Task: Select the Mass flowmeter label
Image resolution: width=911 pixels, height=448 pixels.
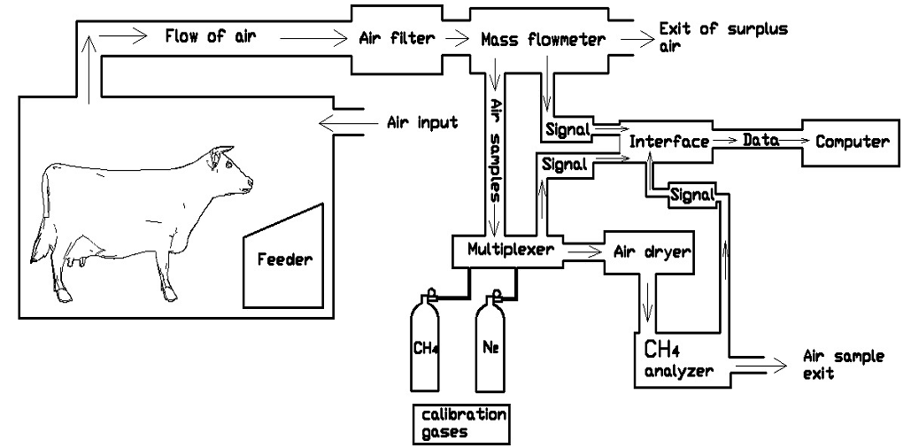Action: [x=544, y=40]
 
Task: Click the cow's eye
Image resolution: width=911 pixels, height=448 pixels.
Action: [x=229, y=165]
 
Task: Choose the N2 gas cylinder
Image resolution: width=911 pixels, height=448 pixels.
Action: [x=493, y=345]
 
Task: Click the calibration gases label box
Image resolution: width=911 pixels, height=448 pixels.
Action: [x=463, y=423]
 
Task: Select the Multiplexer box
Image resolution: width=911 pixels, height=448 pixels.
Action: [x=503, y=250]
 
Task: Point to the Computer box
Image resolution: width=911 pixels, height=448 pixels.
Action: [x=851, y=142]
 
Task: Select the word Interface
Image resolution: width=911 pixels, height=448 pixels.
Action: [x=668, y=142]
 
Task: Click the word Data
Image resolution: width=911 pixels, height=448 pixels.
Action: [x=760, y=140]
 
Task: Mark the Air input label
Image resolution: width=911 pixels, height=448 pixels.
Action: [x=423, y=122]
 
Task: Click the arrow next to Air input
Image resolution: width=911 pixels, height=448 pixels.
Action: [x=341, y=122]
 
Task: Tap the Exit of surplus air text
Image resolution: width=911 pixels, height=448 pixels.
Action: [x=722, y=36]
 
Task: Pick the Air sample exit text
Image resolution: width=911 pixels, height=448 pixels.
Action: [x=842, y=364]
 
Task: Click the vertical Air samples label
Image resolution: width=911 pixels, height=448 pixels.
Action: [x=498, y=151]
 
